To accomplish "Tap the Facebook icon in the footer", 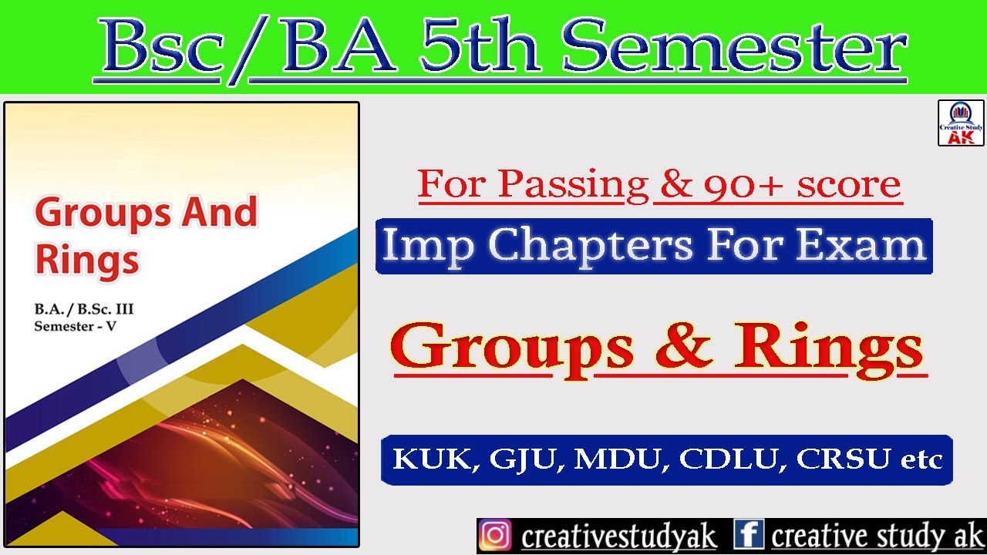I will pos(748,536).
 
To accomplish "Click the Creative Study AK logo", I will pos(961,123).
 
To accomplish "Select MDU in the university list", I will pos(622,460).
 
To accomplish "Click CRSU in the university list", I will pos(842,460).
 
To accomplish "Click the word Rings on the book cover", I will pos(86,260).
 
